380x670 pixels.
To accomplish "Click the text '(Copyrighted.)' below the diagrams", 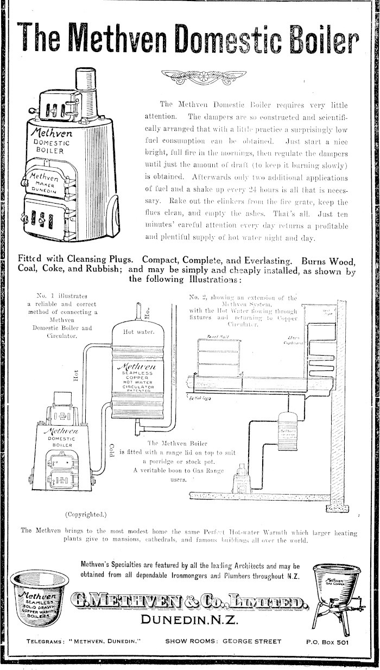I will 87,514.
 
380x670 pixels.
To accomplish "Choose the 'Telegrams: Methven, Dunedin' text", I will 84,656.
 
